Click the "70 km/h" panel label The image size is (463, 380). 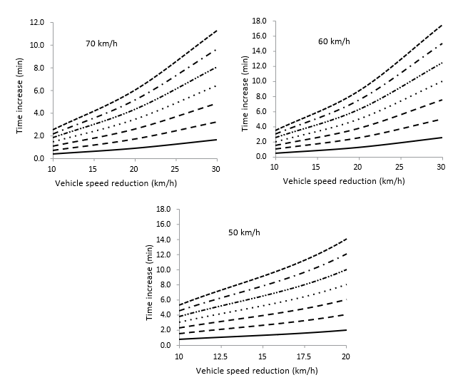(101, 43)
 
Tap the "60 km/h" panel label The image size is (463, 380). (333, 41)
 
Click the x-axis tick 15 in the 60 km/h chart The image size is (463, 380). (315, 168)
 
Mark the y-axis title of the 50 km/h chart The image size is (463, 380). (149, 277)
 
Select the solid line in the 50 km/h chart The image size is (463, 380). (262, 335)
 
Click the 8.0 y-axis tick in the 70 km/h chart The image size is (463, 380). (38, 68)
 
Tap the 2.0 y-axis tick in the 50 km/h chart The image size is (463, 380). (166, 330)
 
